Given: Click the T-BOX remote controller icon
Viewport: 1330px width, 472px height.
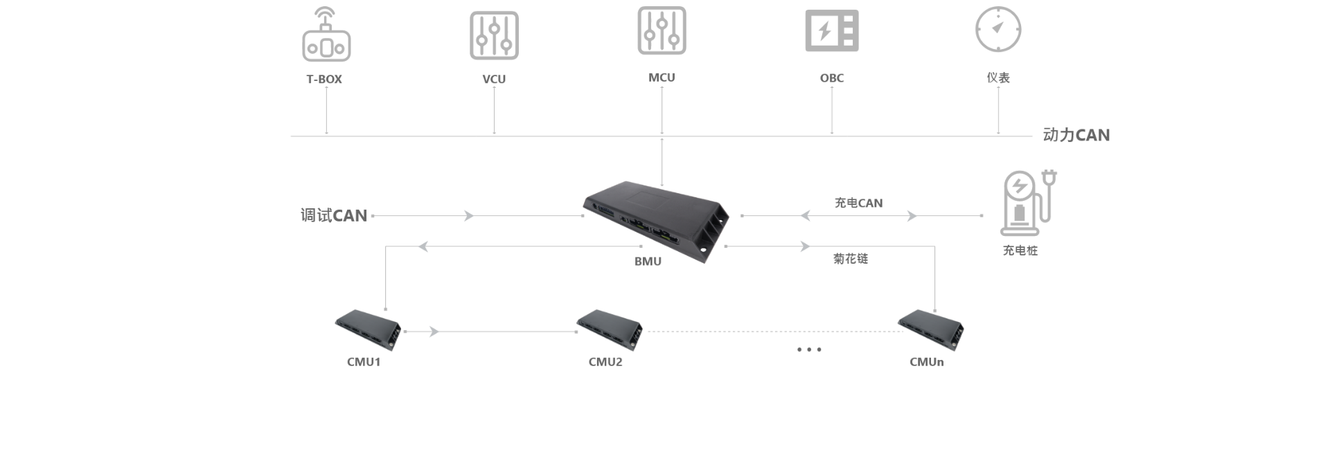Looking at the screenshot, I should [326, 35].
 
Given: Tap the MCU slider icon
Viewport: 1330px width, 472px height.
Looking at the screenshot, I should [662, 31].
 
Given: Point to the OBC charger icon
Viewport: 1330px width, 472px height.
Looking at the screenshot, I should [831, 30].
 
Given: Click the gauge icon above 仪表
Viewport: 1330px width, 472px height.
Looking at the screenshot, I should [998, 29].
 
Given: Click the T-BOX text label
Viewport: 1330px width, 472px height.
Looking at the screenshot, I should [324, 80].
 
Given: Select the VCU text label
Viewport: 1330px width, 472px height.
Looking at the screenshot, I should [494, 80].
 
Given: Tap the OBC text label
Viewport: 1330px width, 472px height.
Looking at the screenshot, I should [832, 78].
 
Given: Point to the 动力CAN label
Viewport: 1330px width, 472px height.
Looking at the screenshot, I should [1076, 136].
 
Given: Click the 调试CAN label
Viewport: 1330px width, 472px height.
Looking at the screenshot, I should [333, 216].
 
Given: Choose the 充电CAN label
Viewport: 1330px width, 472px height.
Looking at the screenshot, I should [858, 203].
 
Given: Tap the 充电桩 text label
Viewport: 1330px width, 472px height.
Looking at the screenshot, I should [1020, 251].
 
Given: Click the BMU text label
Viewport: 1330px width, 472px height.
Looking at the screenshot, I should [648, 262].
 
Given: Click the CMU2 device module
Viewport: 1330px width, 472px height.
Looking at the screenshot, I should [610, 328].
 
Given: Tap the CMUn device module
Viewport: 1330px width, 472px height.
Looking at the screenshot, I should [930, 328].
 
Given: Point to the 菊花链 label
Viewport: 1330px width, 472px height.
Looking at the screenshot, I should [851, 259].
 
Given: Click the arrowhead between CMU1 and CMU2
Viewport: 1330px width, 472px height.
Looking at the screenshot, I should [434, 332].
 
